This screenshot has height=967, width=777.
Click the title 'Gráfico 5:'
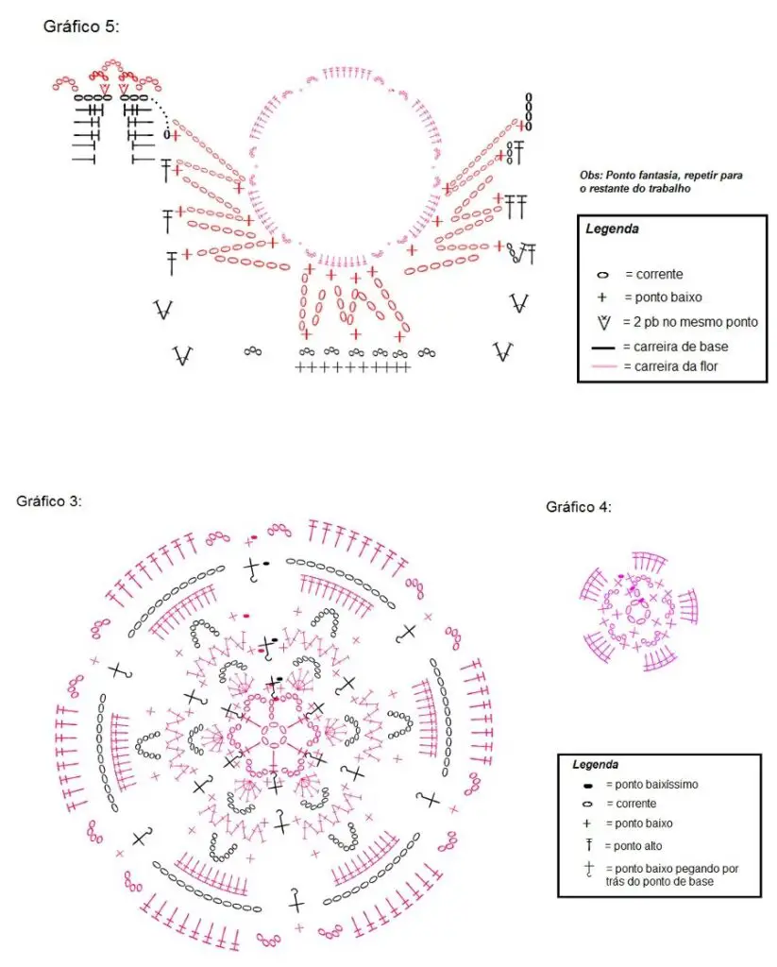click(x=81, y=26)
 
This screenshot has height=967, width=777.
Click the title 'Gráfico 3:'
click(x=49, y=500)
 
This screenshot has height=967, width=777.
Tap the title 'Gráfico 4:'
click(x=579, y=507)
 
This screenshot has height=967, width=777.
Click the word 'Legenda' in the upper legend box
click(x=612, y=229)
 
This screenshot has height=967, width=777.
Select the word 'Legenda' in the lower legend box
click(x=595, y=765)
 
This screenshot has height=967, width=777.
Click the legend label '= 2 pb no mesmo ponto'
click(x=691, y=322)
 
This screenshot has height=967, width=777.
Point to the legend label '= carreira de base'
click(x=676, y=347)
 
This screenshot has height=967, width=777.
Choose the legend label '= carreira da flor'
click(x=671, y=366)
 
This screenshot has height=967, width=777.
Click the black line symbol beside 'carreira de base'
click(x=603, y=348)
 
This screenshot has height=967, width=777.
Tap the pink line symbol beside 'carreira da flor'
click(x=603, y=367)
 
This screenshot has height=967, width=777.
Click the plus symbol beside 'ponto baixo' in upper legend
click(x=602, y=297)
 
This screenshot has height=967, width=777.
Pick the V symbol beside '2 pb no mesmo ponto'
click(x=604, y=323)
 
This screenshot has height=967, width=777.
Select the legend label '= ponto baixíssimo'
click(x=652, y=785)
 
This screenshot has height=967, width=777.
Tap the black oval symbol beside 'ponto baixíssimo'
click(x=587, y=786)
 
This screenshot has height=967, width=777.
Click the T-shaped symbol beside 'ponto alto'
click(x=589, y=844)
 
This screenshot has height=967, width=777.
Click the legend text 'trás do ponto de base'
click(x=659, y=882)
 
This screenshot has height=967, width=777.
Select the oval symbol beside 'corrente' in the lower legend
click(x=587, y=805)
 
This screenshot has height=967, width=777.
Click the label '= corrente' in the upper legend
click(x=654, y=275)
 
